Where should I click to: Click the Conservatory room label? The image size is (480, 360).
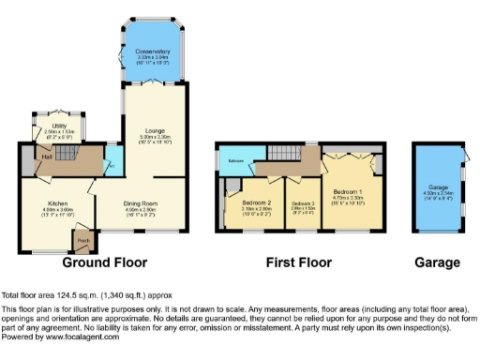tap(152, 52)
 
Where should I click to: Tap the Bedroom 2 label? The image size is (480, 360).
tap(256, 203)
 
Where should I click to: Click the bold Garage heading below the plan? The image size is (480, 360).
tap(440, 262)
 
